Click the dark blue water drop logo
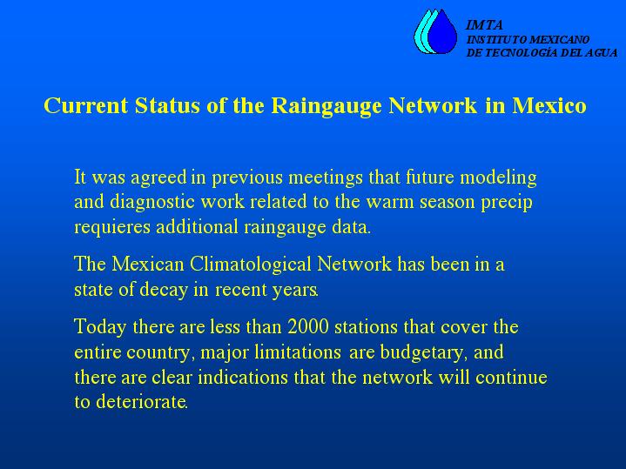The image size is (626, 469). click(x=442, y=32)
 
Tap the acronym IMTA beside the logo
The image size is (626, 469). click(x=484, y=25)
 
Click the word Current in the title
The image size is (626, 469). click(x=86, y=105)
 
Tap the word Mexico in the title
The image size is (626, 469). click(x=549, y=105)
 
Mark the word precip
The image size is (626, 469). click(x=506, y=203)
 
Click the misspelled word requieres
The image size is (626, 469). click(x=112, y=228)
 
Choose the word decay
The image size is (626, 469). click(x=164, y=291)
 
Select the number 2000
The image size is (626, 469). click(x=308, y=327)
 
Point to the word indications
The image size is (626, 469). click(x=243, y=377)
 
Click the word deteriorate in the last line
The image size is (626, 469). click(x=141, y=402)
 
